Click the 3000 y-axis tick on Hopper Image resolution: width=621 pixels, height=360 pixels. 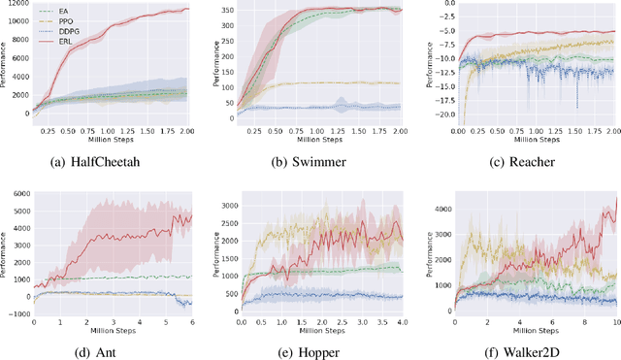pos(230,208)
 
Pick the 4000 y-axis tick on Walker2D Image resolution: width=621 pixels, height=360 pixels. pos(439,209)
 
